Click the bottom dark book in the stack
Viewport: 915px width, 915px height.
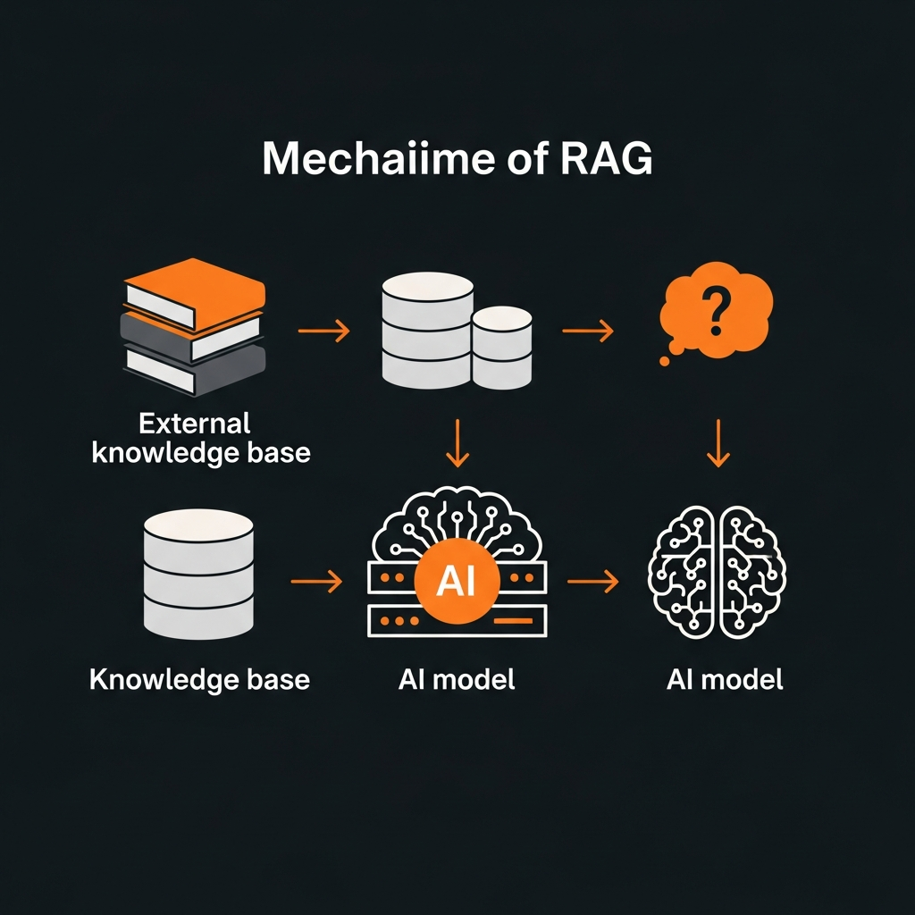click(x=195, y=366)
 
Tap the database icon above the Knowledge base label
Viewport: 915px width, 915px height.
click(x=198, y=573)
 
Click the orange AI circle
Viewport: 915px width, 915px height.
click(x=457, y=582)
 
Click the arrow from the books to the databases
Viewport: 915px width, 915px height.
click(x=323, y=332)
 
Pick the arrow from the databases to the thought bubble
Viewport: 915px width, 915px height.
click(x=588, y=332)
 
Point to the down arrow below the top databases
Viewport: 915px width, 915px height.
click(x=457, y=444)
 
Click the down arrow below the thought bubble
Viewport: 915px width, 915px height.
click(x=718, y=444)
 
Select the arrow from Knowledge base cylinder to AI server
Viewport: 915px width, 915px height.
click(x=316, y=582)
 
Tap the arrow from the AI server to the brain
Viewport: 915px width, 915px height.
click(x=592, y=582)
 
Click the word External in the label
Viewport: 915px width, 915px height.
click(x=195, y=422)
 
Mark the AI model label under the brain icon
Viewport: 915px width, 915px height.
click(x=725, y=679)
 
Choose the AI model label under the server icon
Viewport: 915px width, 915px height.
click(x=457, y=679)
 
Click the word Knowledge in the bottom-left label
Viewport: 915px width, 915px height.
click(x=152, y=679)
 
